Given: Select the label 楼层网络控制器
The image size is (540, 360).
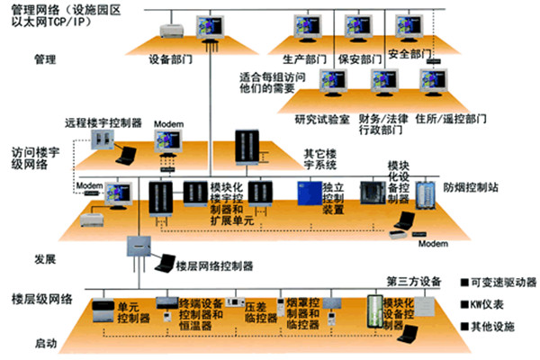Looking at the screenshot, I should (x=215, y=267).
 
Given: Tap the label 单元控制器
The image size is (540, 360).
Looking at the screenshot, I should (x=133, y=312).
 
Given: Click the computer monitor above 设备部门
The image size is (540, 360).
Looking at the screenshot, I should (x=210, y=23).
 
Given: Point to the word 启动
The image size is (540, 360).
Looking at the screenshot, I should (x=46, y=343).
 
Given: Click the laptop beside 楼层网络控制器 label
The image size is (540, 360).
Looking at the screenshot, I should (x=165, y=263).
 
